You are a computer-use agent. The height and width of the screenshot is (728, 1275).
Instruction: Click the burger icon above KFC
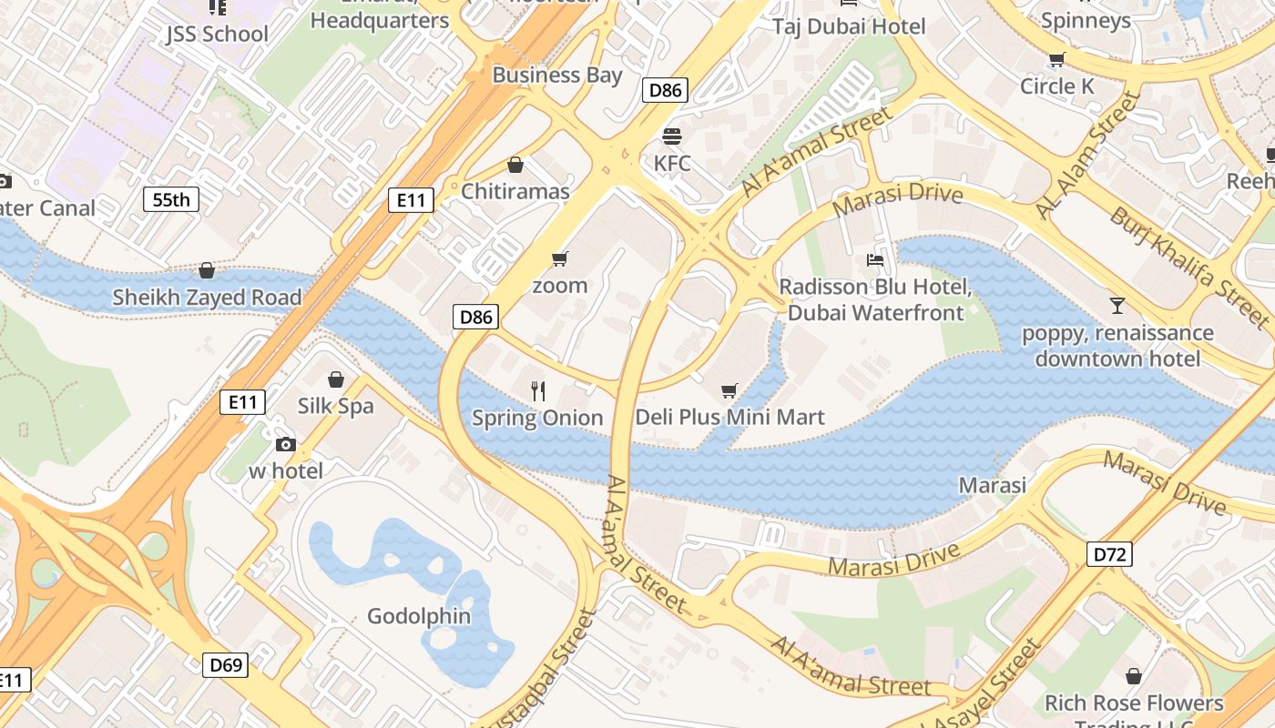672,136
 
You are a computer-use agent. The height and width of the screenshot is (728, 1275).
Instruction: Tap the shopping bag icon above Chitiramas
515,165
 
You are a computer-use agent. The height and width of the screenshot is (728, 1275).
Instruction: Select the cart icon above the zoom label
560,259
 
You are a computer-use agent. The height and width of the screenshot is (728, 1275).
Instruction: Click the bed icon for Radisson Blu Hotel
875,260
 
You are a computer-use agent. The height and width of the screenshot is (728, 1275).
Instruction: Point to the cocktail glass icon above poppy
1117,305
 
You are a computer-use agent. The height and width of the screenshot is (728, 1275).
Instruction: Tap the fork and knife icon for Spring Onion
538,391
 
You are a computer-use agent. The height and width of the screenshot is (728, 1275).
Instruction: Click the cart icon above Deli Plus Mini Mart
729,391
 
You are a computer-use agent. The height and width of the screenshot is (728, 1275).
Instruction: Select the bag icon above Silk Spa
336,379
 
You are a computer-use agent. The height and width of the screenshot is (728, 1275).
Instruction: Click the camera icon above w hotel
286,444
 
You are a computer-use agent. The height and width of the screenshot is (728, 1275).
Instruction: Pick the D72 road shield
1109,553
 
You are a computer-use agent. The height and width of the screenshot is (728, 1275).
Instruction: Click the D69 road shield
225,665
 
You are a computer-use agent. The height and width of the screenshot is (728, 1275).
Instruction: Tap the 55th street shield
171,199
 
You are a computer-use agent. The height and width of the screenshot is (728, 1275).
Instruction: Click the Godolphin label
419,616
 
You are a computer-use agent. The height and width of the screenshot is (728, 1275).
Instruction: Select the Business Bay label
557,75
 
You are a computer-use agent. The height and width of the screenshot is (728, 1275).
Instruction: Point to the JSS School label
217,35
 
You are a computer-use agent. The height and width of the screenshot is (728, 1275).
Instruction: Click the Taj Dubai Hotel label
849,26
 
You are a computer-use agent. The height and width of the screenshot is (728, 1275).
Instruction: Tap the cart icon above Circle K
1056,60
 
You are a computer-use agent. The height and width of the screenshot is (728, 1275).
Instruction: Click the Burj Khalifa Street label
1188,266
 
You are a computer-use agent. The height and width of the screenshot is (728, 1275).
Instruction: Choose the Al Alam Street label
1088,157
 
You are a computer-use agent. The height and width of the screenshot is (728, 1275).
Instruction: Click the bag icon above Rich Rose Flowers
1134,676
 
